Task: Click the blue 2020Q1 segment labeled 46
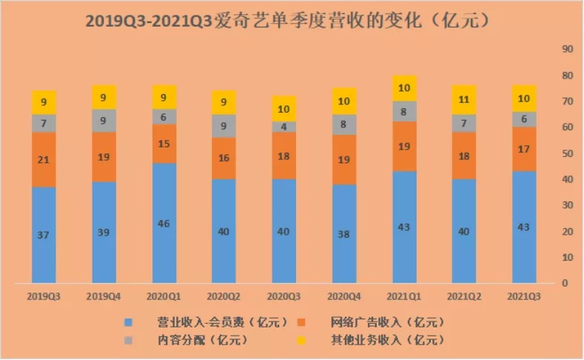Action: coord(164,223)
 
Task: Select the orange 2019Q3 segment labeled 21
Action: coord(44,159)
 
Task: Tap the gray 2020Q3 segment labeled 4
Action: coord(284,127)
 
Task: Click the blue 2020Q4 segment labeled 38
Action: coord(344,233)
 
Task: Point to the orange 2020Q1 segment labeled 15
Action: coord(164,143)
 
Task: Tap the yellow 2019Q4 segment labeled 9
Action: coord(104,97)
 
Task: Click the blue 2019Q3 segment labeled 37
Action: coord(44,235)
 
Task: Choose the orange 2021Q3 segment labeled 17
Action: coord(525,149)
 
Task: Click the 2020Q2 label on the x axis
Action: coord(224,295)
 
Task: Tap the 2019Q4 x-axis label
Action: coord(104,295)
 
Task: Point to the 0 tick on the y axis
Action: coord(565,284)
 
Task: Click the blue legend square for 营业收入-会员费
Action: coord(130,323)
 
